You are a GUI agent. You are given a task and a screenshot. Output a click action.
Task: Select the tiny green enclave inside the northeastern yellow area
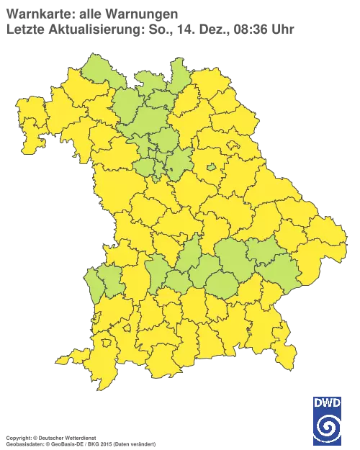212,168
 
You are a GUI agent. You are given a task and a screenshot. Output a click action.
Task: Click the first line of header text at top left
90,14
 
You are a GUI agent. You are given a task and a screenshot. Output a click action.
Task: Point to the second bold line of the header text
86,27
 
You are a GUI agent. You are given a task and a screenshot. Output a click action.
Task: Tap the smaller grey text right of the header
234,29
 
